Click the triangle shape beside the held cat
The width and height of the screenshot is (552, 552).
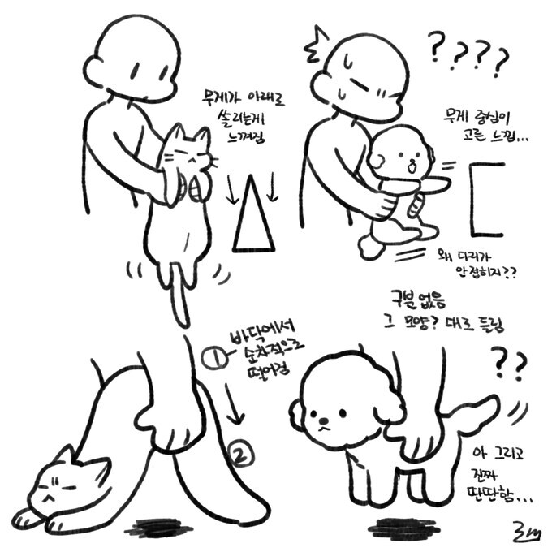252,219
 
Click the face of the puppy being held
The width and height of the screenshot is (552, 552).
404,158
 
